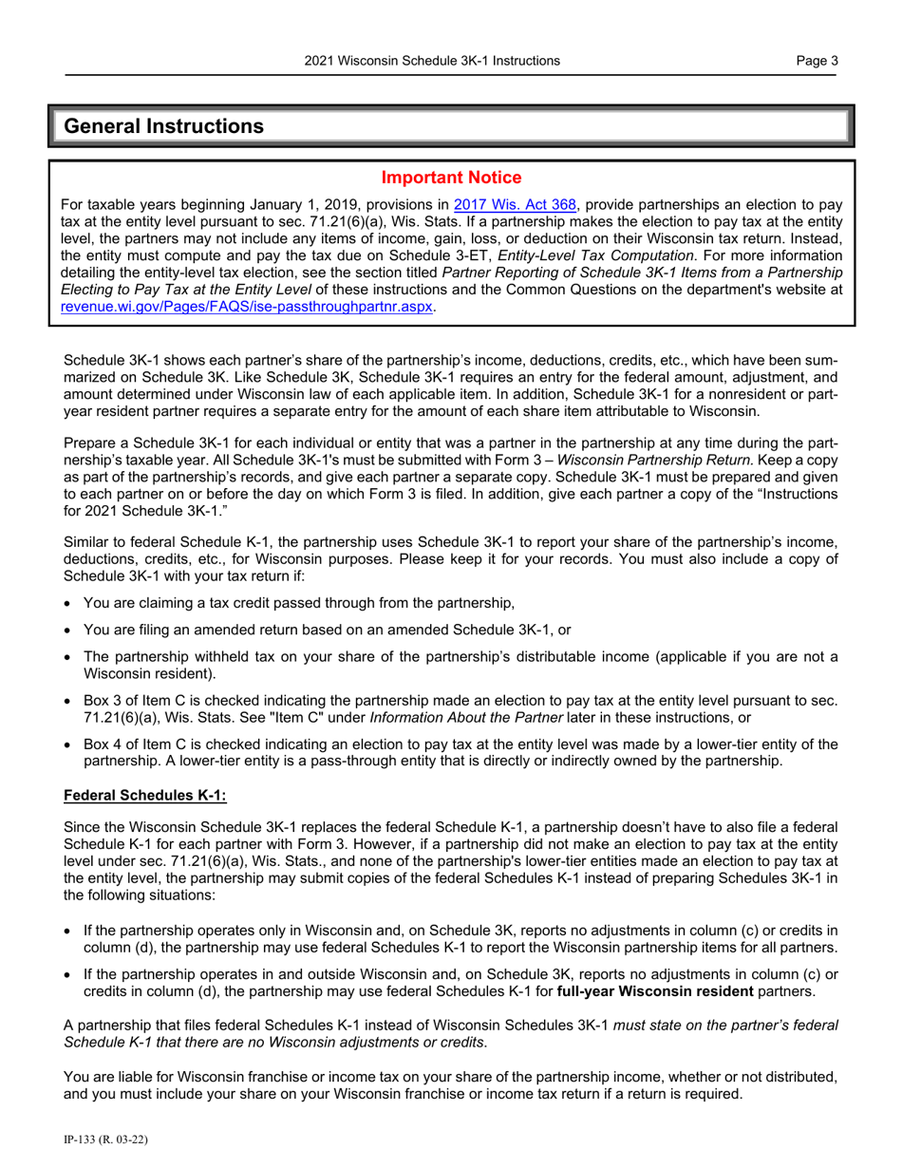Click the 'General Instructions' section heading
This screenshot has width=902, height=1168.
[163, 125]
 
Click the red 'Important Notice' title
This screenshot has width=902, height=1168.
[451, 178]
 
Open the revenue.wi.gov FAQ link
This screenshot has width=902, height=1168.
[247, 307]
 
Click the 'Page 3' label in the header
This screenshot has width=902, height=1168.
[817, 62]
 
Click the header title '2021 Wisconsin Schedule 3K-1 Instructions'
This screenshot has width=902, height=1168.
[432, 62]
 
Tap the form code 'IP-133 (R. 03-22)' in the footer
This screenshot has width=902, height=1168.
[104, 1138]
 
